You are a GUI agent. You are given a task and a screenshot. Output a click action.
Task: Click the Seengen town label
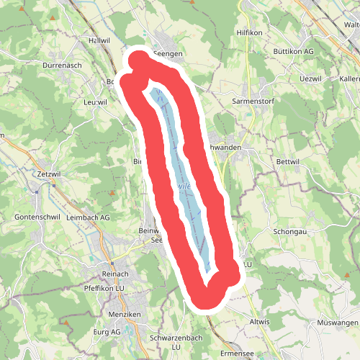168,54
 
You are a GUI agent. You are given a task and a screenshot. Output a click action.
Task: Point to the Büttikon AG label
290,53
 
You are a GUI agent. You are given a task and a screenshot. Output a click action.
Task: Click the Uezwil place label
292,77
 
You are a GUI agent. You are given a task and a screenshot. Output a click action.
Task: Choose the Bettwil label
287,162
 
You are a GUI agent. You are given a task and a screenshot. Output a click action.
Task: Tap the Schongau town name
289,233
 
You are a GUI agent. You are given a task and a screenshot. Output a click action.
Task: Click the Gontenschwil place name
35,217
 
